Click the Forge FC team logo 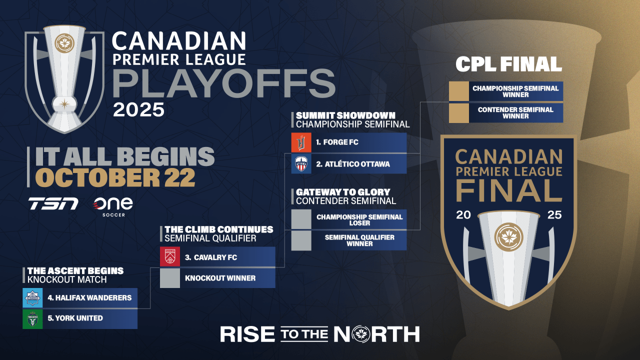click(x=301, y=142)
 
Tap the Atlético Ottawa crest click(x=301, y=163)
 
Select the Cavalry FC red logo click(x=169, y=256)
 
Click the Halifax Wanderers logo click(x=32, y=297)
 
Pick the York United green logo click(x=32, y=319)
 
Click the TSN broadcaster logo click(x=53, y=203)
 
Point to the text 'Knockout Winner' click(x=220, y=278)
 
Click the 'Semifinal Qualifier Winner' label click(x=359, y=240)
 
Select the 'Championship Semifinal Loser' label click(x=359, y=219)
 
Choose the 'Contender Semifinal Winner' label click(x=515, y=113)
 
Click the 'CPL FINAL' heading click(x=508, y=64)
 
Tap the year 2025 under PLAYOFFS click(x=138, y=109)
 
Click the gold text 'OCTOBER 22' click(x=115, y=177)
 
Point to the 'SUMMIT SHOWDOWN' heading click(x=345, y=115)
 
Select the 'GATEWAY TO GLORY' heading click(x=343, y=192)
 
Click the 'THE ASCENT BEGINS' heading click(x=75, y=271)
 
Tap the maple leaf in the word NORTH click(x=361, y=334)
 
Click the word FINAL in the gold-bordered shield click(x=509, y=191)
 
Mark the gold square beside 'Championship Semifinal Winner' click(x=459, y=91)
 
